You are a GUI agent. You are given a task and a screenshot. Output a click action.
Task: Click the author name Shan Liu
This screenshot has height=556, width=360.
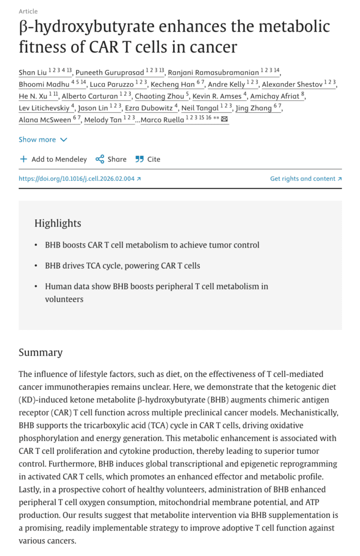[x=34, y=73]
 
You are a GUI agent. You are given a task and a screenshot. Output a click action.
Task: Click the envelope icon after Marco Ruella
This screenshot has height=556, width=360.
[x=224, y=119]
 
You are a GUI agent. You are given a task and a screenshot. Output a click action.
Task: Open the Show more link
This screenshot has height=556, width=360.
[x=37, y=140]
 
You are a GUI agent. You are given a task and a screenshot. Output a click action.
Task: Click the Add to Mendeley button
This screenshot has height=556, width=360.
[x=53, y=159]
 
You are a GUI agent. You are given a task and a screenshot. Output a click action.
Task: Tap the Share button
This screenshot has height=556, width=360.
[x=111, y=159]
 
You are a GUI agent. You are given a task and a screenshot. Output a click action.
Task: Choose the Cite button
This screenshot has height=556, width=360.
[x=148, y=159]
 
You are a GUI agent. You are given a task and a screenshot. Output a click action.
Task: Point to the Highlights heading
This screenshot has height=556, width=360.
[x=58, y=223]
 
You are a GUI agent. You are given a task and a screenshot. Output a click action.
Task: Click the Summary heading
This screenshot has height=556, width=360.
[x=41, y=352]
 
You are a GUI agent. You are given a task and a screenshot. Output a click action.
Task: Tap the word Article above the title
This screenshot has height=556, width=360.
[x=28, y=11]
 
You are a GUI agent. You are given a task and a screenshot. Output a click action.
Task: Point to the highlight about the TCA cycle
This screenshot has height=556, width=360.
[x=123, y=266]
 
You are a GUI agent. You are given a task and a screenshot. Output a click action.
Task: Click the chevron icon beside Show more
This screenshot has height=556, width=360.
[x=64, y=140]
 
